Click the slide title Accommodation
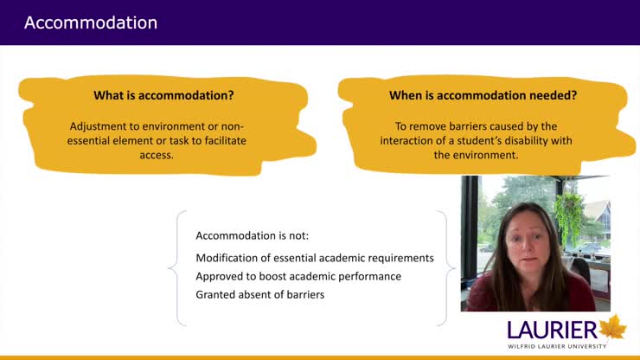[91, 22]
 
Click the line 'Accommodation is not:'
[246, 235]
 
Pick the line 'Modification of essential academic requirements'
[314, 258]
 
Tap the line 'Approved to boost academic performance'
[298, 276]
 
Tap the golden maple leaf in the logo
[613, 327]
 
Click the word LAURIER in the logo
[552, 329]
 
